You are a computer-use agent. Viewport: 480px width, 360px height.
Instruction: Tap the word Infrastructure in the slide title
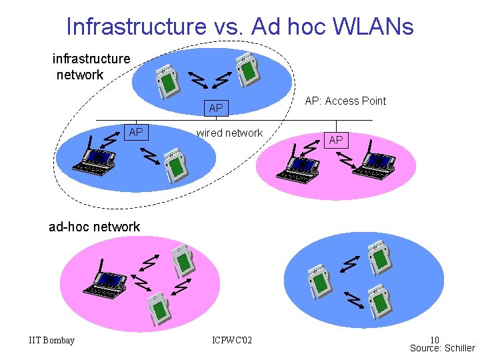pyautogui.click(x=137, y=27)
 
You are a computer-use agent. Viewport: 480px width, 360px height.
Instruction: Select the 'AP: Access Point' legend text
pyautogui.click(x=345, y=101)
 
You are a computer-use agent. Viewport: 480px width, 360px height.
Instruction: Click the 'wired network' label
pyautogui.click(x=229, y=133)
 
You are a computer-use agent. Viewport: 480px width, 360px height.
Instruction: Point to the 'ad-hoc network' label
pyautogui.click(x=94, y=227)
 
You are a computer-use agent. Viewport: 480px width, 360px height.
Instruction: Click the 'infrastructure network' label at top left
pyautogui.click(x=91, y=67)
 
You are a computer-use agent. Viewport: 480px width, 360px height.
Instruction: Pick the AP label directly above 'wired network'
pyautogui.click(x=216, y=108)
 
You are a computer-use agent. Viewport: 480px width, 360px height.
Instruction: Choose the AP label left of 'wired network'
pyautogui.click(x=136, y=132)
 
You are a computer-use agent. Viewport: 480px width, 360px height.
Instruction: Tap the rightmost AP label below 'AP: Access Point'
pyautogui.click(x=336, y=140)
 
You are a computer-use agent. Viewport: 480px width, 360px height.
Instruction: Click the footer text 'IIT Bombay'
pyautogui.click(x=52, y=341)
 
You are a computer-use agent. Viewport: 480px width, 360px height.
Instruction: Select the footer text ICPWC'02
pyautogui.click(x=231, y=341)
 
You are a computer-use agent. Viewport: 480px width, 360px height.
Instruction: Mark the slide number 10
pyautogui.click(x=434, y=340)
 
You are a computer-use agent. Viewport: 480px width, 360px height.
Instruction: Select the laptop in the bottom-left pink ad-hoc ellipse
pyautogui.click(x=103, y=284)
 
